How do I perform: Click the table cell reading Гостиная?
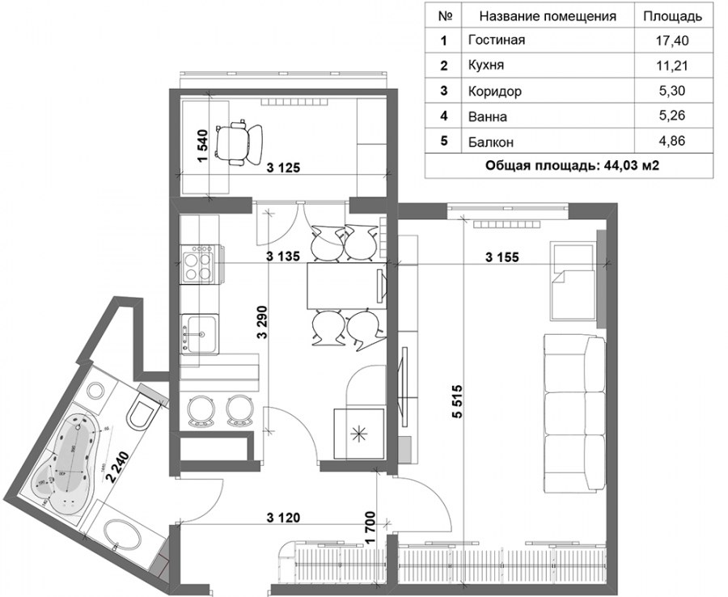497,40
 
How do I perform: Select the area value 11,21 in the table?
672,66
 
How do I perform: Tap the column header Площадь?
672,17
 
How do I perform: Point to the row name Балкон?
491,141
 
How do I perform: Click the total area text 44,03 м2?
632,166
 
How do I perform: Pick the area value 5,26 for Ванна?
672,115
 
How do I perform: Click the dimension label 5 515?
457,402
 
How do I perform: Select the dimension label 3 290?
262,322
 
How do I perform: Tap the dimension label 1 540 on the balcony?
203,146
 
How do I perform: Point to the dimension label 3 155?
502,256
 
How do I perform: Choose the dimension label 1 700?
370,527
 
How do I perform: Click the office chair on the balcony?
239,142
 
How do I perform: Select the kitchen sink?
200,334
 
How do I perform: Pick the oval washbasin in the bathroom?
121,536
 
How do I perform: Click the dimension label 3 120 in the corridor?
284,517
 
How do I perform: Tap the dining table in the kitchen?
347,286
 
